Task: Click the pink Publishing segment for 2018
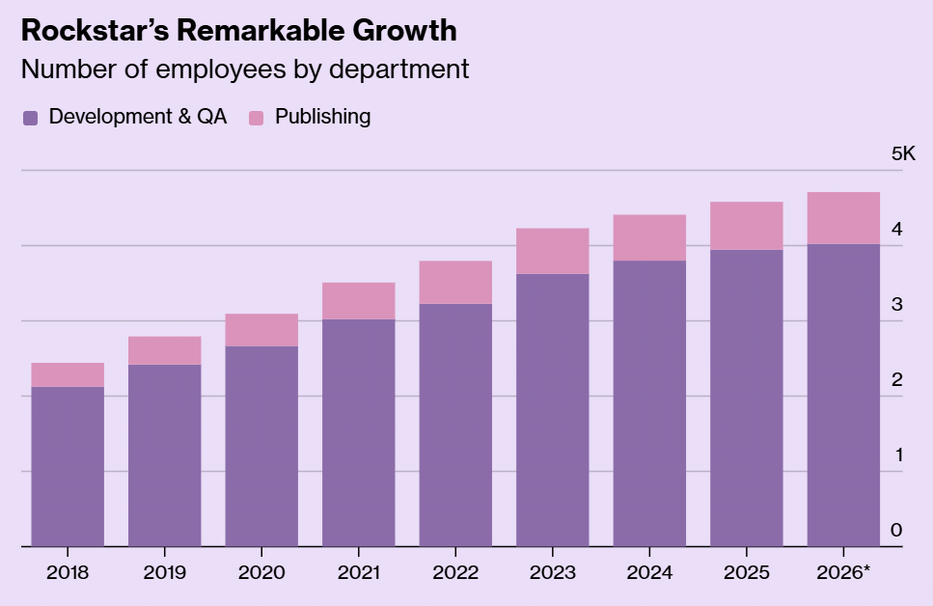pyautogui.click(x=68, y=375)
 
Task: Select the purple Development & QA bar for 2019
pyautogui.click(x=165, y=455)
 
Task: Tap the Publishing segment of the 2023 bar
pyautogui.click(x=553, y=251)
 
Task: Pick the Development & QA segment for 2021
pyautogui.click(x=359, y=432)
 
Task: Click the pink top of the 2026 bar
pyautogui.click(x=843, y=218)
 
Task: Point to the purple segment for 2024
pyautogui.click(x=649, y=403)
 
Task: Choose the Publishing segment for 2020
pyautogui.click(x=261, y=330)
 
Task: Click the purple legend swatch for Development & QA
pyautogui.click(x=30, y=118)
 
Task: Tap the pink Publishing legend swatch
pyautogui.click(x=256, y=118)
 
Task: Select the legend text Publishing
pyautogui.click(x=322, y=117)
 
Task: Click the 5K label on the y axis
pyautogui.click(x=903, y=153)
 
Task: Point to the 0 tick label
pyautogui.click(x=896, y=530)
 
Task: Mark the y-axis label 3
pyautogui.click(x=896, y=304)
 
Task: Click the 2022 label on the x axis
pyautogui.click(x=455, y=572)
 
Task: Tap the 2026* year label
pyautogui.click(x=843, y=572)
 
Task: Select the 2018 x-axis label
pyautogui.click(x=68, y=572)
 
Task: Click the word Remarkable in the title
pyautogui.click(x=261, y=30)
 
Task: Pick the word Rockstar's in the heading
pyautogui.click(x=96, y=30)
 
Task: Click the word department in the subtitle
pyautogui.click(x=398, y=70)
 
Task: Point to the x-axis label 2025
pyautogui.click(x=747, y=572)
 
